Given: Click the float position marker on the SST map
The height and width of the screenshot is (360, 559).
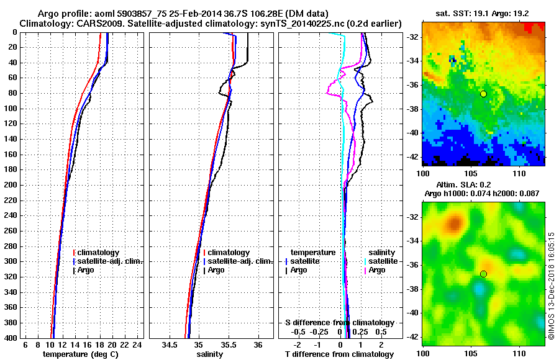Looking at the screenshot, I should pos(483,94).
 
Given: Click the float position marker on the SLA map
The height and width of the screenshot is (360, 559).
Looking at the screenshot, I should pos(483,274).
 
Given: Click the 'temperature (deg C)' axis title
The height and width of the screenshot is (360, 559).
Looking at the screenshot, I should pos(80,354).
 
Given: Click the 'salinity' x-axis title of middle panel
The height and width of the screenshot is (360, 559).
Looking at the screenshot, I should pos(211,354).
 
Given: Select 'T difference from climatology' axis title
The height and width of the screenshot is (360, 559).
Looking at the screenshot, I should pos(339,354).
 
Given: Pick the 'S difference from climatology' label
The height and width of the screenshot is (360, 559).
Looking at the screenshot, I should pos(339,323).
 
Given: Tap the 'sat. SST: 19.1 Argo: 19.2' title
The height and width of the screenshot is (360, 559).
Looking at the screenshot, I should pos(484,12).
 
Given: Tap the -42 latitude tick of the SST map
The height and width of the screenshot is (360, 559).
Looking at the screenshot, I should pos(414,156).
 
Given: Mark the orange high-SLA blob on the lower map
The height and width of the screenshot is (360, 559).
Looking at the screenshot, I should pos(455,222).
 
